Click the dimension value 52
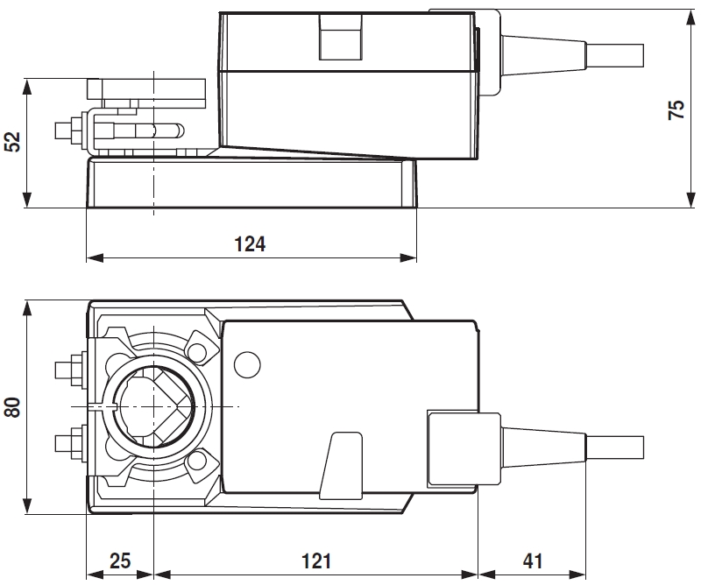12,142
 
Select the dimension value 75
676,109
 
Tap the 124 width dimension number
250,244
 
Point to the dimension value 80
12,408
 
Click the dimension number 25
119,561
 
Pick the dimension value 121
315,561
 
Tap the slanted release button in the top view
341,463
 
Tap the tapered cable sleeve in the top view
543,446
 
